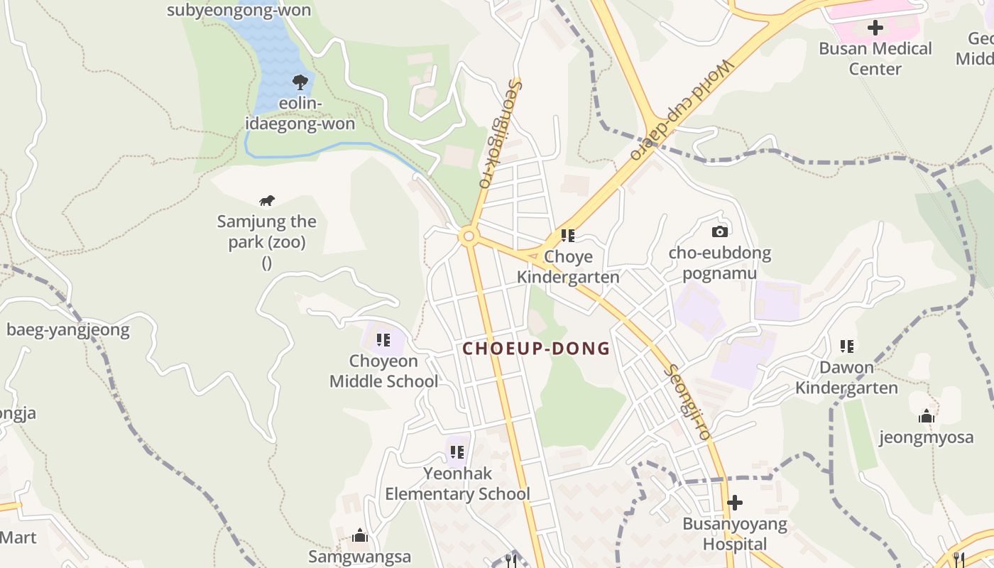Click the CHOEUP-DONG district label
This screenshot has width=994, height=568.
(x=536, y=349)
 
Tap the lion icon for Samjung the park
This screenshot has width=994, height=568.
(x=267, y=201)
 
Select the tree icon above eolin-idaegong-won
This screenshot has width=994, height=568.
(x=300, y=82)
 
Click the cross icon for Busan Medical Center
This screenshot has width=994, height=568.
(x=875, y=28)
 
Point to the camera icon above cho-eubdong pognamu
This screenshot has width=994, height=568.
(x=719, y=231)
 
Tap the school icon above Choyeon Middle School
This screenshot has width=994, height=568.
(x=383, y=340)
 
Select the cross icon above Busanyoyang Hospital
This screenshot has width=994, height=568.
(x=735, y=503)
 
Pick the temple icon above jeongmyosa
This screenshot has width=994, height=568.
(x=926, y=416)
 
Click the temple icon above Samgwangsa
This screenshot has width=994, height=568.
(x=360, y=535)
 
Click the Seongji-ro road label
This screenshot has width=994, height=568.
(x=687, y=402)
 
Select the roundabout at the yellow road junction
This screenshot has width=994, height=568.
(x=467, y=236)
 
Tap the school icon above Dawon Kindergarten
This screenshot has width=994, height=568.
(x=846, y=346)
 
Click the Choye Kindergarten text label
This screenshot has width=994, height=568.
(x=568, y=266)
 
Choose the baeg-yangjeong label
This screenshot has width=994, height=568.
(x=68, y=329)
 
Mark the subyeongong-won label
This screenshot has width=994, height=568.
(x=239, y=10)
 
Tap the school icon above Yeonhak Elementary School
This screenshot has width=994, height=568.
(x=457, y=452)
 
